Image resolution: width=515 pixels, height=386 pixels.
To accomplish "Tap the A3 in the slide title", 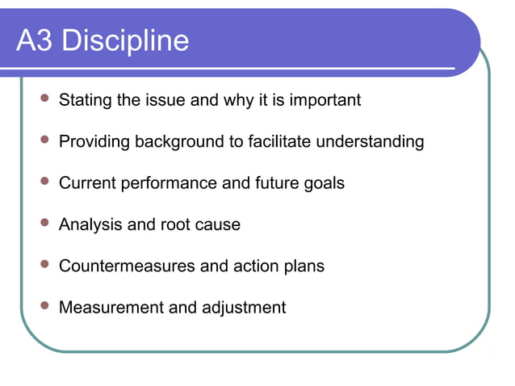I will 35,40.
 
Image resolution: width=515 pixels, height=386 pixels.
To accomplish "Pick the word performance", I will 169,184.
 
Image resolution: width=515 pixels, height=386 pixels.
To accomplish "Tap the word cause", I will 220,224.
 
